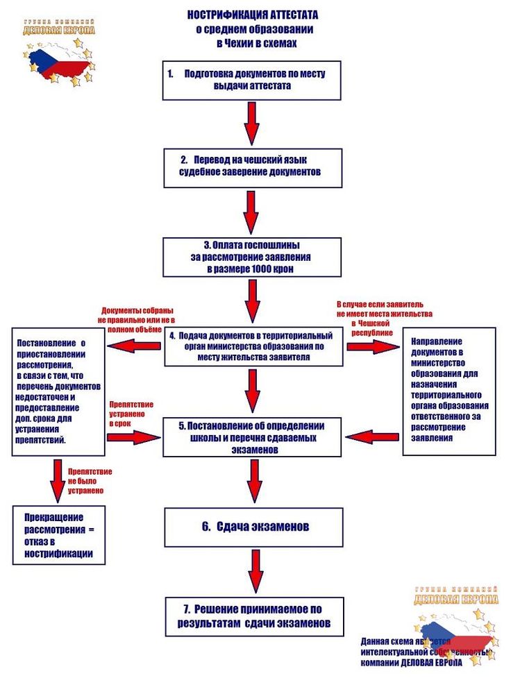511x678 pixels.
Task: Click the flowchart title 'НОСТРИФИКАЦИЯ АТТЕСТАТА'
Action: click(x=253, y=15)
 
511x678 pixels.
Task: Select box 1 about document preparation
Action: click(x=253, y=80)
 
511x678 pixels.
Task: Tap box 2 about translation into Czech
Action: click(x=253, y=166)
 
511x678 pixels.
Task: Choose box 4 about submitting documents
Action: click(x=253, y=346)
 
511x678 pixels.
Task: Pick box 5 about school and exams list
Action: click(x=253, y=436)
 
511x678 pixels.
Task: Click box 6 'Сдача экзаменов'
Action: click(x=253, y=527)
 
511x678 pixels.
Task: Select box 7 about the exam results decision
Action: click(x=253, y=616)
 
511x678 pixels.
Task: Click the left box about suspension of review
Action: click(x=58, y=392)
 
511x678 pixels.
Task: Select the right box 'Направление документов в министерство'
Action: click(x=449, y=390)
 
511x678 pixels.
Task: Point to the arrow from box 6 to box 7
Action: click(x=254, y=570)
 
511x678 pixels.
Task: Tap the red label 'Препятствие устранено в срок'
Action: click(x=131, y=413)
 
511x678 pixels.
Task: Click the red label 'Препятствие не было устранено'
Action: click(x=90, y=480)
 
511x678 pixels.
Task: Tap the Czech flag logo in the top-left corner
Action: click(x=59, y=56)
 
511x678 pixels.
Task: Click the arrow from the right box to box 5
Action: click(x=373, y=436)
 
